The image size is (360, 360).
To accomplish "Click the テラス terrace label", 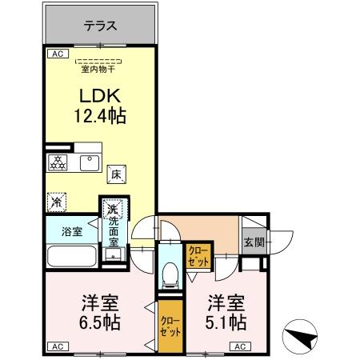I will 101,26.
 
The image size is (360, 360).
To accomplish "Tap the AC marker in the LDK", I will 57,54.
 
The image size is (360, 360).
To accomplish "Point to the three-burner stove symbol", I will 58,162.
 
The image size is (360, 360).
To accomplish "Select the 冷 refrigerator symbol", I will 57,201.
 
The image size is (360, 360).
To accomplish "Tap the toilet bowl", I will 169,277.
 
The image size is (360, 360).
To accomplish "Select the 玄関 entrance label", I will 254,242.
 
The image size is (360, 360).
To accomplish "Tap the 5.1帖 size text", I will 226,324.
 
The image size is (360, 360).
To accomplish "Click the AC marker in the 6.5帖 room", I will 57,346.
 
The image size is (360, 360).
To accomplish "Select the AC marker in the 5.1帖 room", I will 239,346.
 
